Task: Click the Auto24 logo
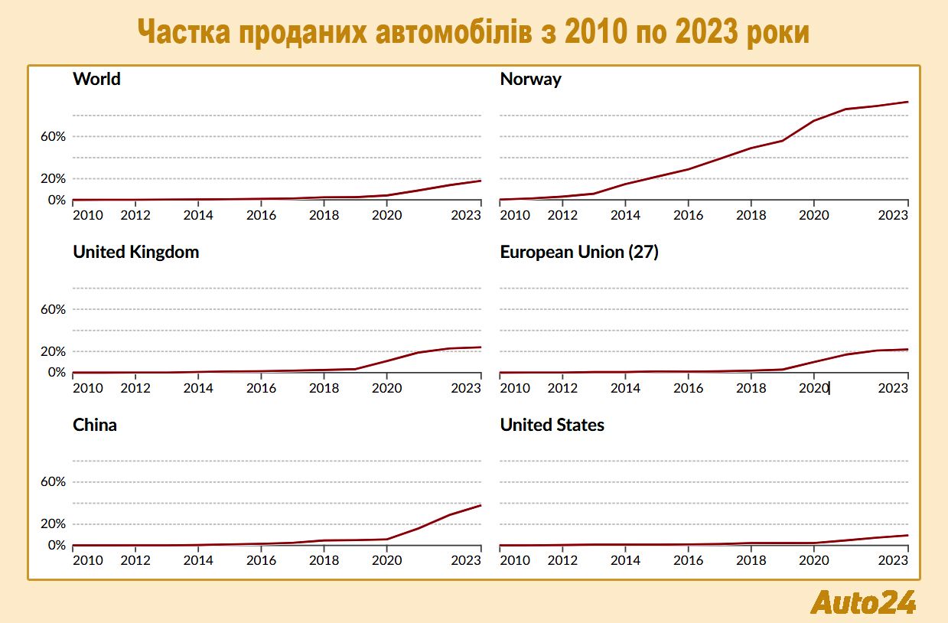click(863, 602)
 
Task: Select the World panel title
click(96, 79)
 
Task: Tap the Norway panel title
click(530, 79)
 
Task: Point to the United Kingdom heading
click(135, 252)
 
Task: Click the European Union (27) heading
click(578, 252)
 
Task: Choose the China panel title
click(95, 425)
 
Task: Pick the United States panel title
click(552, 425)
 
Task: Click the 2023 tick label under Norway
click(892, 216)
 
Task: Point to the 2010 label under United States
click(514, 561)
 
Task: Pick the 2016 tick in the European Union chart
click(689, 388)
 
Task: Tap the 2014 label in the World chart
click(198, 216)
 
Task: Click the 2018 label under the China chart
click(324, 561)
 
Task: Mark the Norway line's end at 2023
click(907, 102)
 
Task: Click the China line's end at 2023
click(481, 505)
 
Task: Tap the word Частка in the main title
click(184, 32)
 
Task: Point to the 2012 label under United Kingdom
click(135, 388)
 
